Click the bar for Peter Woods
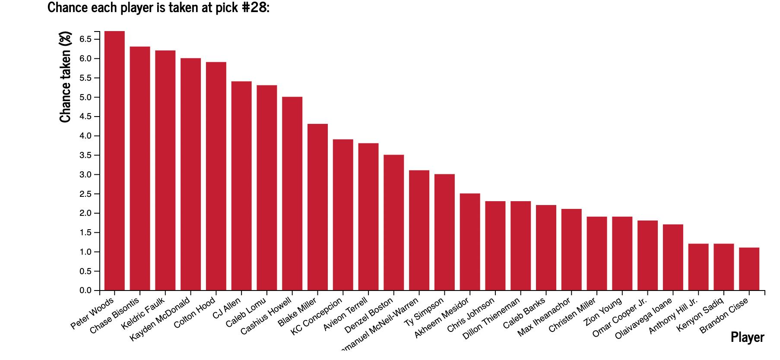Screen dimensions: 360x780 click(114, 161)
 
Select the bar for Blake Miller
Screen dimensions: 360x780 click(317, 207)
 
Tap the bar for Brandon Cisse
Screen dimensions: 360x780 click(749, 269)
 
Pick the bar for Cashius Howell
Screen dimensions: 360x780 click(292, 193)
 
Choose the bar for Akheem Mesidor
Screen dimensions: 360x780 click(470, 242)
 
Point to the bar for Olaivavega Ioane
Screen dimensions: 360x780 click(673, 257)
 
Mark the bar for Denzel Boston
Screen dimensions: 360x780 click(393, 222)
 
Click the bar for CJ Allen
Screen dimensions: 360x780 click(241, 186)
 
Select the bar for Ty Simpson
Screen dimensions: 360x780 click(444, 232)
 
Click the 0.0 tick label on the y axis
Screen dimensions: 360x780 click(86, 291)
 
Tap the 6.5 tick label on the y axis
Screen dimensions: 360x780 click(86, 39)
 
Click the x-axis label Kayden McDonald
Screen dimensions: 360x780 click(160, 319)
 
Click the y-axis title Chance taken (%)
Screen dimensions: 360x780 click(65, 77)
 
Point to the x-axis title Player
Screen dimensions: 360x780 click(747, 337)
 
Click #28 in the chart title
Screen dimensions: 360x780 click(254, 7)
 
